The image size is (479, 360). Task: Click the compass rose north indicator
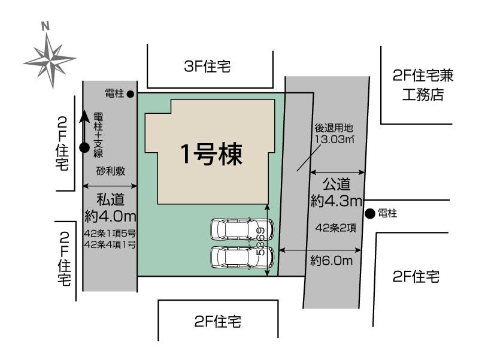45,27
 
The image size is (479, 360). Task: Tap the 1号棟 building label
212,155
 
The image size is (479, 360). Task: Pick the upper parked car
241,229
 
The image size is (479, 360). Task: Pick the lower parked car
241,257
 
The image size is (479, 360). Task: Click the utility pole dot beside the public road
370,213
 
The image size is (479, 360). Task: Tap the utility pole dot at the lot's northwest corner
130,93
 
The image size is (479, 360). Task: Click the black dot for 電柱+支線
84,147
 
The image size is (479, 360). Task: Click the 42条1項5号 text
111,233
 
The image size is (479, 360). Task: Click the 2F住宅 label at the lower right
417,277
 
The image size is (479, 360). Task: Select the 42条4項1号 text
111,244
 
